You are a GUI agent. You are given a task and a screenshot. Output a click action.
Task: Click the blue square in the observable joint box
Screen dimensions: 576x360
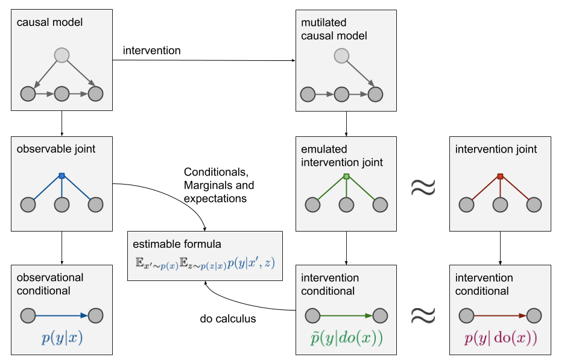click(62, 176)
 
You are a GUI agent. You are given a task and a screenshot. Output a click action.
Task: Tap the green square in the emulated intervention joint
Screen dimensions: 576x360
click(346, 176)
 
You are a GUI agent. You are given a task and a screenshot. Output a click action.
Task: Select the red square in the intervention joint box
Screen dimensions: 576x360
click(500, 176)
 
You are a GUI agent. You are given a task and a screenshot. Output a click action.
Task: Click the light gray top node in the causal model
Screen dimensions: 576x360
click(62, 55)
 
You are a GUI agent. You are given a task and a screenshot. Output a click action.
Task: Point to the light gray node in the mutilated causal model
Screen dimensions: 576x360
click(341, 56)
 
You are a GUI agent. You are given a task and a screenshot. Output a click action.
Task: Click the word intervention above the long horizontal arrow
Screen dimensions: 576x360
click(152, 50)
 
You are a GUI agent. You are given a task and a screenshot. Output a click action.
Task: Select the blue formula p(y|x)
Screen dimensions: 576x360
click(62, 338)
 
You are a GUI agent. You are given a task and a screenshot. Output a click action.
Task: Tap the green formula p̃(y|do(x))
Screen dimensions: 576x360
click(346, 338)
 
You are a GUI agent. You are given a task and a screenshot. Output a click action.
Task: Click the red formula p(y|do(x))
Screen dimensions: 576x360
click(501, 338)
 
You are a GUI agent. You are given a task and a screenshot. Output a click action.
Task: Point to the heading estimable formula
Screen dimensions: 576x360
click(177, 244)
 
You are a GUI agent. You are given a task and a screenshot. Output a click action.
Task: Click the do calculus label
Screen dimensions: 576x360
click(228, 318)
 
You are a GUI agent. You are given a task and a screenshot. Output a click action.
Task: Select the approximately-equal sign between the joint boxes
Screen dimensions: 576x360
click(423, 188)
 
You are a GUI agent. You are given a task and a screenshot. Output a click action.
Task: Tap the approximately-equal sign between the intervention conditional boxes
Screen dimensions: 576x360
click(423, 315)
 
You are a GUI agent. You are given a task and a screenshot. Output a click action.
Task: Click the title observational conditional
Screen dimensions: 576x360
click(50, 284)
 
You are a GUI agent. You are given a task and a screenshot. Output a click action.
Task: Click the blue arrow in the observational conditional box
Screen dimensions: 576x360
click(62, 315)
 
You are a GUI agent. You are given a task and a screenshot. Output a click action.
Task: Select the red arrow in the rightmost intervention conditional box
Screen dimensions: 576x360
click(501, 315)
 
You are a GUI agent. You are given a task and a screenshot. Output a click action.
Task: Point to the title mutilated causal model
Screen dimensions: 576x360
click(334, 29)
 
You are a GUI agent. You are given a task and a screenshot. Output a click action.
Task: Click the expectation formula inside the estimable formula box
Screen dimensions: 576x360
click(205, 264)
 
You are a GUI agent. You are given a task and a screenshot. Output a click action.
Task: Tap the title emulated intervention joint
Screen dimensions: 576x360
click(341, 156)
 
